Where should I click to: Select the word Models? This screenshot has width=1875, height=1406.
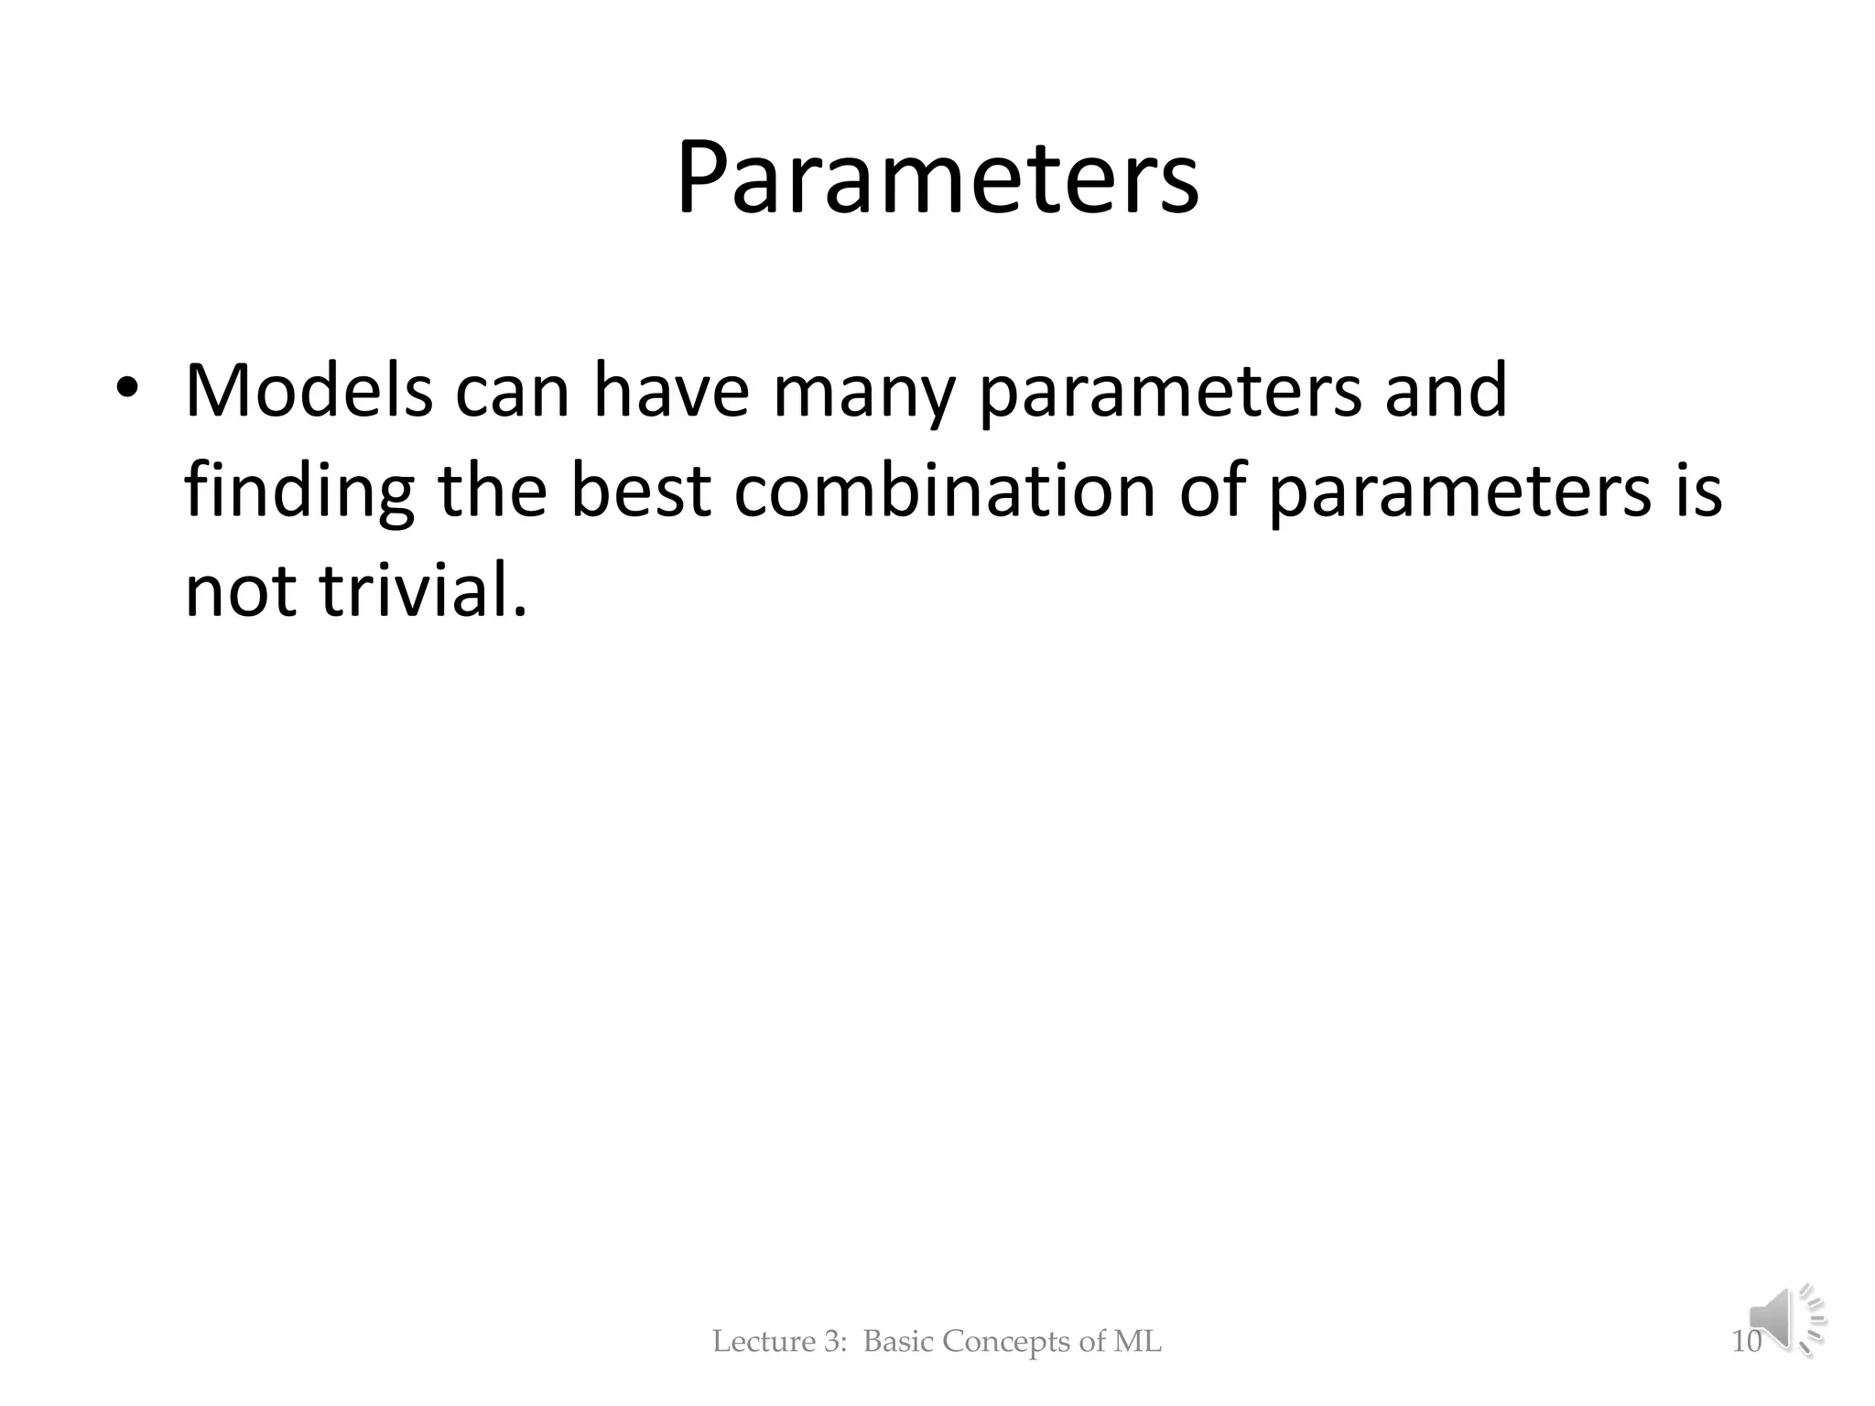[309, 391]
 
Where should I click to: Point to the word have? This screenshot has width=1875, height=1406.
[671, 391]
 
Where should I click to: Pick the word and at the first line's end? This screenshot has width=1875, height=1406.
[1446, 391]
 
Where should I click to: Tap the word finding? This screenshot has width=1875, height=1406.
[299, 492]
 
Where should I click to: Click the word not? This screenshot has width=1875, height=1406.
[241, 590]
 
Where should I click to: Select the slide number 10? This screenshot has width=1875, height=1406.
[1746, 1342]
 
